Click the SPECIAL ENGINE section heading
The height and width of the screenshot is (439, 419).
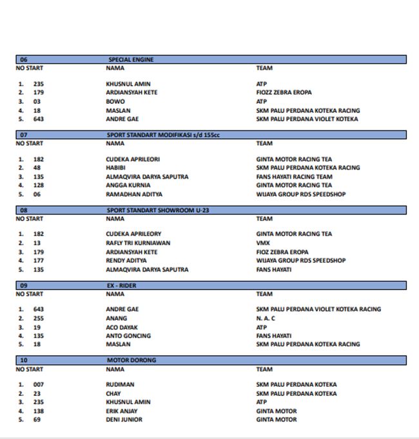(x=131, y=59)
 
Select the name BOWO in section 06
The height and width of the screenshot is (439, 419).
(x=115, y=101)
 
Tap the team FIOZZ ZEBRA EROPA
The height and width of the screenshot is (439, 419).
(x=284, y=92)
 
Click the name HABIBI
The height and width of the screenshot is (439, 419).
(x=117, y=168)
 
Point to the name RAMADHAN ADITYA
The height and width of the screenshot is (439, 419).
(x=134, y=194)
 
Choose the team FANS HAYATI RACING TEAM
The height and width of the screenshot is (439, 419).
(x=294, y=177)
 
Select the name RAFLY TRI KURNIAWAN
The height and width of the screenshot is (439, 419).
(x=138, y=243)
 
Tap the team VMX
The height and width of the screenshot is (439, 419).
(x=262, y=243)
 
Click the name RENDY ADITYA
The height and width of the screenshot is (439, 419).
(x=126, y=260)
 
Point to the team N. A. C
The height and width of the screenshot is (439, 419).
(x=266, y=318)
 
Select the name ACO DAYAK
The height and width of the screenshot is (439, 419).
(x=122, y=327)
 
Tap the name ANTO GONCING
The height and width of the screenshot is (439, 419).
(x=128, y=336)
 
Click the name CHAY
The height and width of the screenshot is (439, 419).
(x=113, y=393)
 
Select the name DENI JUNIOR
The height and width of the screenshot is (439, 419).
(x=124, y=420)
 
